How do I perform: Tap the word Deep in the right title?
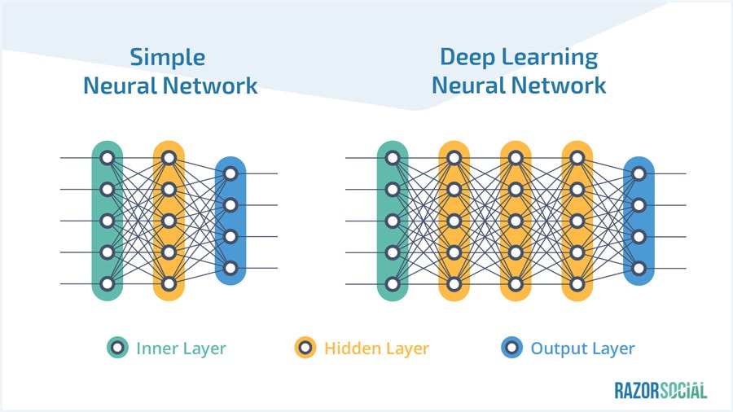pyautogui.click(x=470, y=57)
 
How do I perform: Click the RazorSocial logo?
pyautogui.click(x=661, y=390)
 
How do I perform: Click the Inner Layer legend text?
pyautogui.click(x=181, y=348)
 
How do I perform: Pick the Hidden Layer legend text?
pyautogui.click(x=376, y=348)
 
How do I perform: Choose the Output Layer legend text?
pyautogui.click(x=582, y=348)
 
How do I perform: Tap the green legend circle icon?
pyautogui.click(x=118, y=348)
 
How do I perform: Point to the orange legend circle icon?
pyautogui.click(x=305, y=348)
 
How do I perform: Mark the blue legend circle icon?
pyautogui.click(x=511, y=348)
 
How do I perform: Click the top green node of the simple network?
pyautogui.click(x=106, y=158)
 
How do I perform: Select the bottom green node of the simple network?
pyautogui.click(x=106, y=284)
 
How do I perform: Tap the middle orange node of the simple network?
pyautogui.click(x=169, y=221)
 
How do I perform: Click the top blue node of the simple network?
pyautogui.click(x=230, y=173)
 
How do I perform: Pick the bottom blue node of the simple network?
pyautogui.click(x=230, y=268)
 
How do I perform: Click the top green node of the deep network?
pyautogui.click(x=393, y=158)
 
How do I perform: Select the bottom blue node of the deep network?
pyautogui.click(x=639, y=268)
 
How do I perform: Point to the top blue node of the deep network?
pyautogui.click(x=639, y=173)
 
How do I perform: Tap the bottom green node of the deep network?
pyautogui.click(x=393, y=284)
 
